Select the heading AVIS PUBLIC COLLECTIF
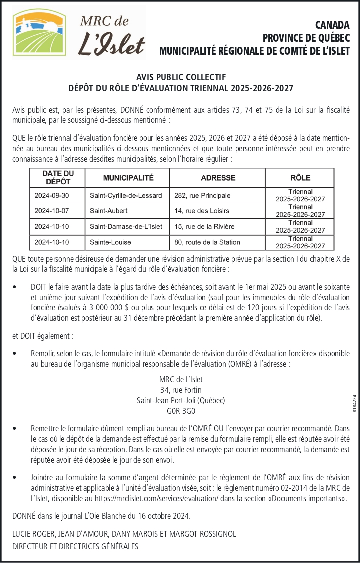[x=181, y=77]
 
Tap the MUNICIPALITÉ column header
[x=128, y=178]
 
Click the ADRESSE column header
[x=218, y=178]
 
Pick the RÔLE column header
[x=300, y=178]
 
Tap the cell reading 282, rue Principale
[x=196, y=196]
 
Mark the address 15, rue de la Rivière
[x=204, y=227]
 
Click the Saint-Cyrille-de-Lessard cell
[x=126, y=196]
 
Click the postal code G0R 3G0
[x=181, y=411]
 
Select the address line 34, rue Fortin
[x=181, y=390]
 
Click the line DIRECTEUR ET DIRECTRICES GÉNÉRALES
[x=75, y=546]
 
